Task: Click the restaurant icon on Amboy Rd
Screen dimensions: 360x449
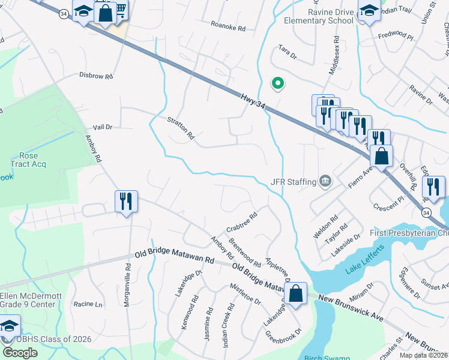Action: point(126,201)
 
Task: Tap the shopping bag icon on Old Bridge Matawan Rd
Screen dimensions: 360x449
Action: point(296,293)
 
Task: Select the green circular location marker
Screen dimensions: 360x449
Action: point(277,84)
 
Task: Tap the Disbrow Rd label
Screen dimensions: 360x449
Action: point(96,76)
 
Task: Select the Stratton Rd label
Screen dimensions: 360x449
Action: point(181,128)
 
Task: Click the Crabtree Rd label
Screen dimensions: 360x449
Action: point(241,222)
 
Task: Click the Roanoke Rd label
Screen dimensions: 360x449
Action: point(228,28)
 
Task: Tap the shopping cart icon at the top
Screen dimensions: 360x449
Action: point(120,10)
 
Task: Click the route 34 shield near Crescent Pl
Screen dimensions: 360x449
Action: point(426,213)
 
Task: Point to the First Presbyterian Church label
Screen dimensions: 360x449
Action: point(408,233)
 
